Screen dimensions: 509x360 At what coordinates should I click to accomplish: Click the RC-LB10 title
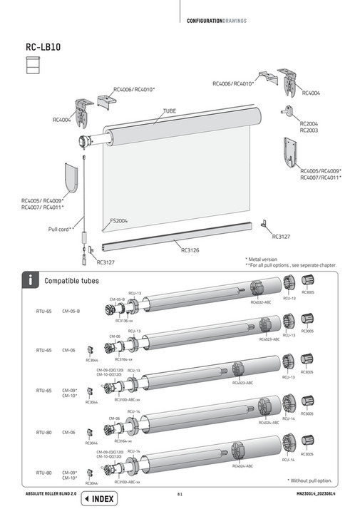tap(43, 48)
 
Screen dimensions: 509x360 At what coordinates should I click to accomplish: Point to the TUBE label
tap(170, 111)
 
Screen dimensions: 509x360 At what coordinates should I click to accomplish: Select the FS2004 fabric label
tap(119, 221)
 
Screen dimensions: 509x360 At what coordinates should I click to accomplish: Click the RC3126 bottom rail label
tap(191, 250)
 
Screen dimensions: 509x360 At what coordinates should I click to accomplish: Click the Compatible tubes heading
tap(71, 280)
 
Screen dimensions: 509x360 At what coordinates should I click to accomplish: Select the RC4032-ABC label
tap(261, 302)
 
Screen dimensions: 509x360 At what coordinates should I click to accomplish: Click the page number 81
tap(180, 493)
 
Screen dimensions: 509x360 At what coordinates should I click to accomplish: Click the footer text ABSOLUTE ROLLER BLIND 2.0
tap(52, 493)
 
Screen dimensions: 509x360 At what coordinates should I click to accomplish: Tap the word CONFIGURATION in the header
tap(207, 20)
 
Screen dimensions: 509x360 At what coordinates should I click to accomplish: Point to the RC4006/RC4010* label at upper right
tap(234, 83)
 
